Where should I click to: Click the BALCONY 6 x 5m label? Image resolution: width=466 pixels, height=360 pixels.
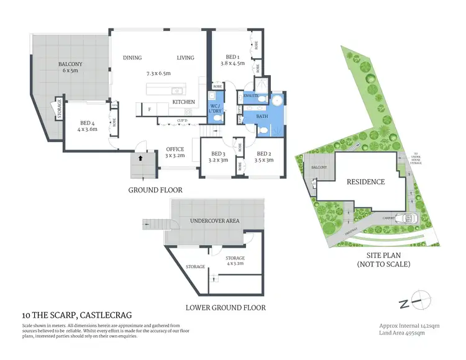[71, 68]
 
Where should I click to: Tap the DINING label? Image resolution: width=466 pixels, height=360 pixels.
[132, 58]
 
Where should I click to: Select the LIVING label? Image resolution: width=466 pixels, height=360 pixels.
[185, 58]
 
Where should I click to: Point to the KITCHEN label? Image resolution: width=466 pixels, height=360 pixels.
[184, 102]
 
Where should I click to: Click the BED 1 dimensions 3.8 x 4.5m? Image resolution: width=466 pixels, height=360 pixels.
[233, 63]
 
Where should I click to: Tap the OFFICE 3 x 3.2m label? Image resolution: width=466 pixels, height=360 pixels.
[174, 153]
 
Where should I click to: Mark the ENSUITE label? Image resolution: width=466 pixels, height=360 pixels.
[251, 96]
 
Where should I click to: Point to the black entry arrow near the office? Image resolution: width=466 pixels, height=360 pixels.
[139, 158]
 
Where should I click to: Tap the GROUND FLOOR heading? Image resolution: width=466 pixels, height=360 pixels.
[155, 190]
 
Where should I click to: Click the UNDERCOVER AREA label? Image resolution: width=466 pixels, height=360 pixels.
[215, 221]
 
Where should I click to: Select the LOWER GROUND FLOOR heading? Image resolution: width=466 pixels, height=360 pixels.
[226, 307]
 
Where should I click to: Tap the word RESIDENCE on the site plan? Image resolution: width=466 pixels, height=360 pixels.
[365, 182]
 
